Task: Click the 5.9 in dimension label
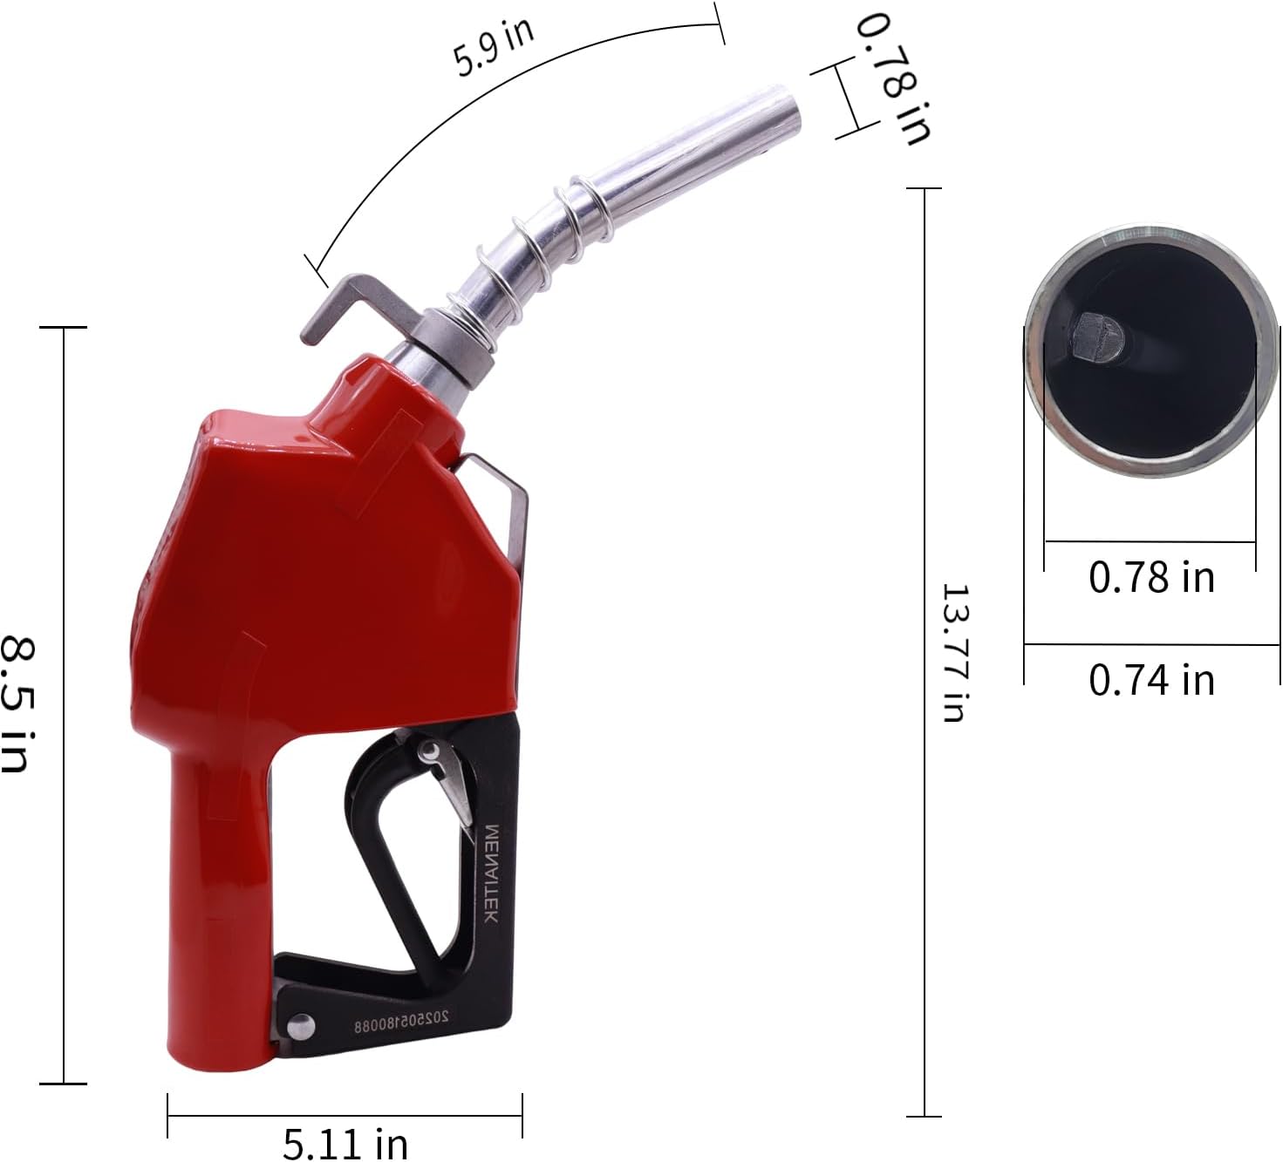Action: pos(493,47)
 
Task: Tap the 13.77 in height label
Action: pos(957,652)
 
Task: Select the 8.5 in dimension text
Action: pos(17,704)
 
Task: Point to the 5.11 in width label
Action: pos(345,1141)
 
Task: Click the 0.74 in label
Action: pos(1151,680)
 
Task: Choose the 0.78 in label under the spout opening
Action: pos(1151,577)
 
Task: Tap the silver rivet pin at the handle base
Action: pos(300,1025)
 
